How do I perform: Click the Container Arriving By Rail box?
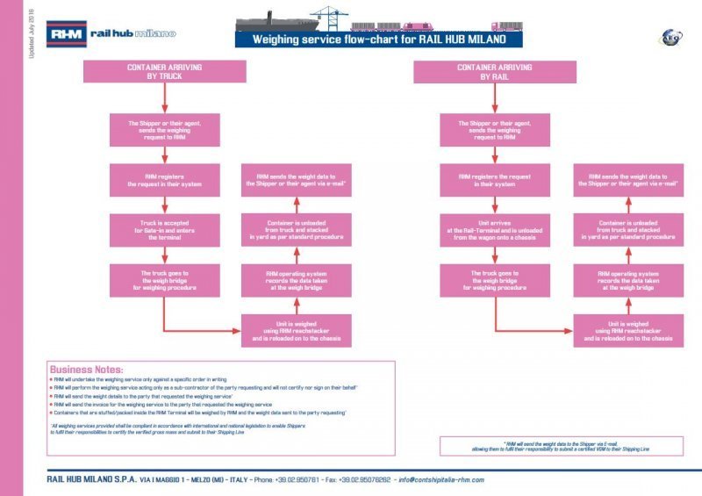483,72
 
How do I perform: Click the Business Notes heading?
87,370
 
